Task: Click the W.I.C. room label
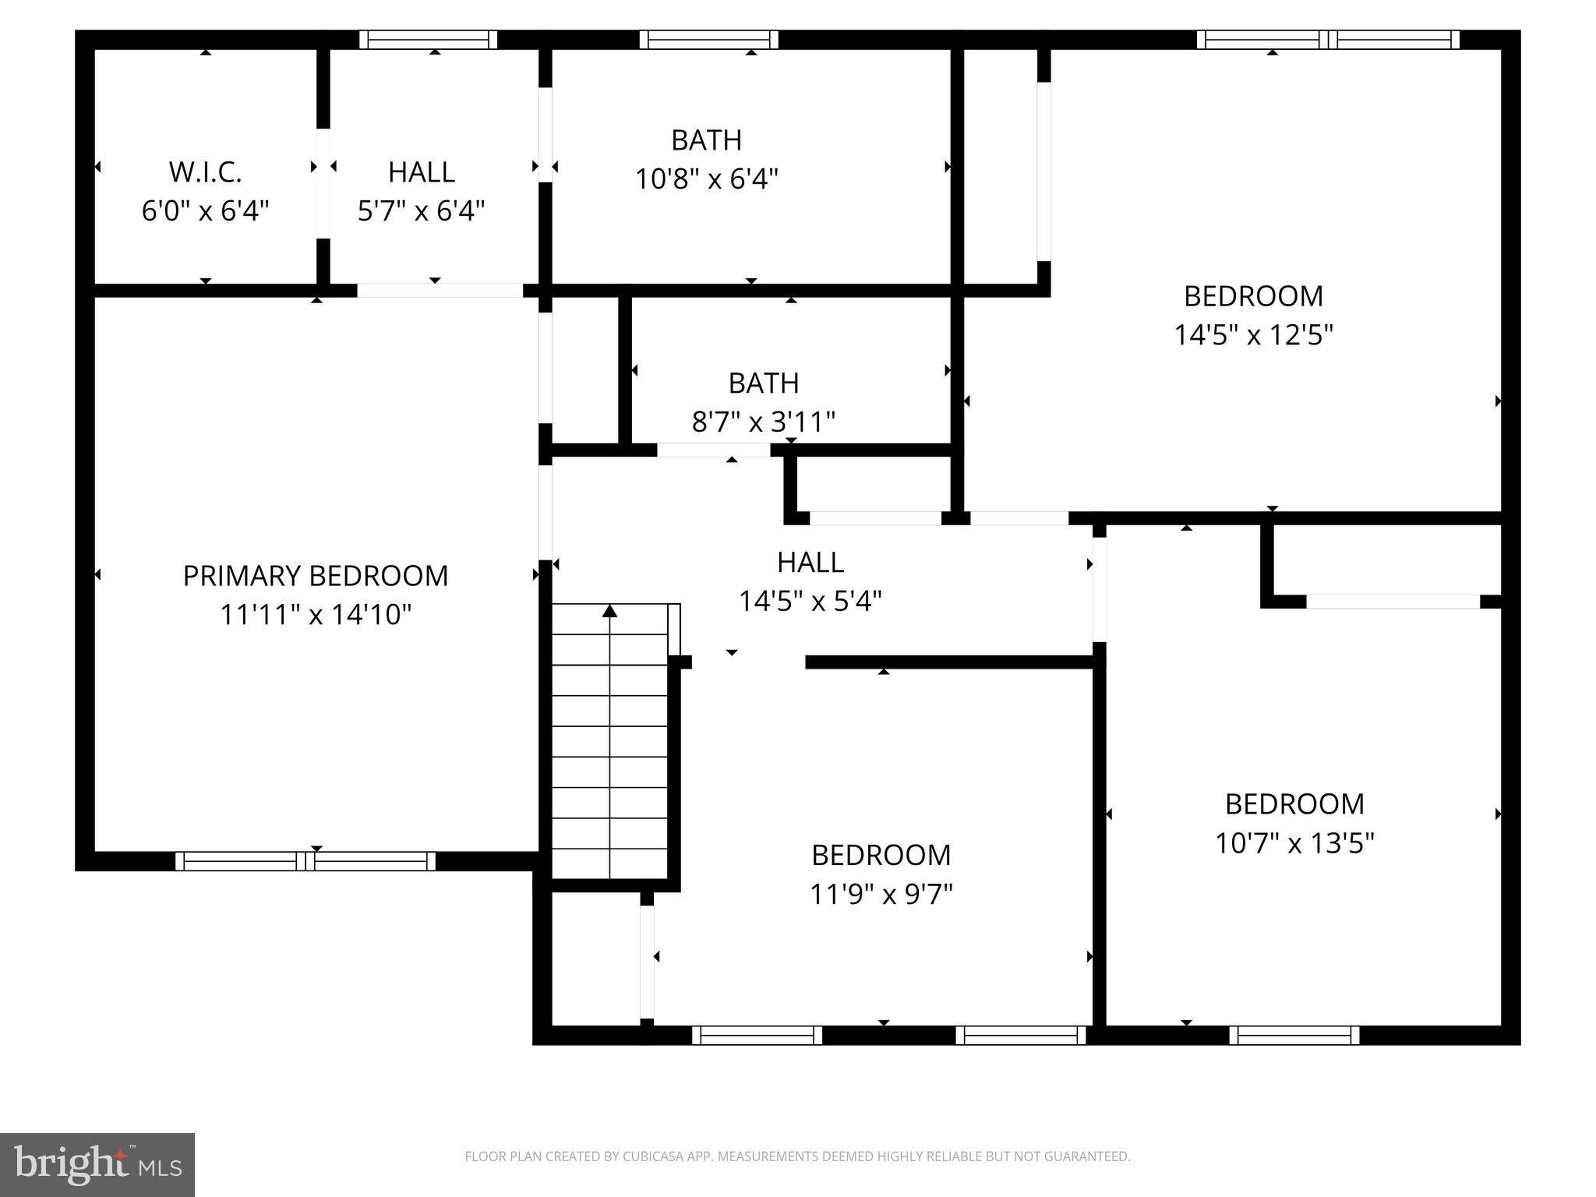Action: tap(206, 172)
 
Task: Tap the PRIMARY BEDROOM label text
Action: tap(316, 576)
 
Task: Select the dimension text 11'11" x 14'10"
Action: tap(316, 615)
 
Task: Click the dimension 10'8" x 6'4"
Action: tap(707, 179)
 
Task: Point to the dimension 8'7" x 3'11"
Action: tap(764, 422)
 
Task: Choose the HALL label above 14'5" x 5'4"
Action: tap(810, 563)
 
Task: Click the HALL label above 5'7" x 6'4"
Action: tap(422, 172)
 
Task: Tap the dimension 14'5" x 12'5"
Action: tap(1254, 335)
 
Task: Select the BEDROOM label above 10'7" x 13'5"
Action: tap(1295, 804)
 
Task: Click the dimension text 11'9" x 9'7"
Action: tap(881, 894)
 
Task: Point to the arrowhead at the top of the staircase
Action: tap(610, 612)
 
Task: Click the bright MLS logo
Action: tap(97, 1165)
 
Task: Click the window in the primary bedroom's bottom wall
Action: tap(305, 861)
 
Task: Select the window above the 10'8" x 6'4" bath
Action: tap(709, 40)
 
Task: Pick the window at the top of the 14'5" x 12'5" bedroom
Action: tap(1328, 40)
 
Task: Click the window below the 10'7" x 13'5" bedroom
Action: tap(1294, 1035)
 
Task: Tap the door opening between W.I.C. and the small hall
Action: tap(323, 183)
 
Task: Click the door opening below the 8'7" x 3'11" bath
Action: tap(714, 450)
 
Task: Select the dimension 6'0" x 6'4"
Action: tap(206, 211)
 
